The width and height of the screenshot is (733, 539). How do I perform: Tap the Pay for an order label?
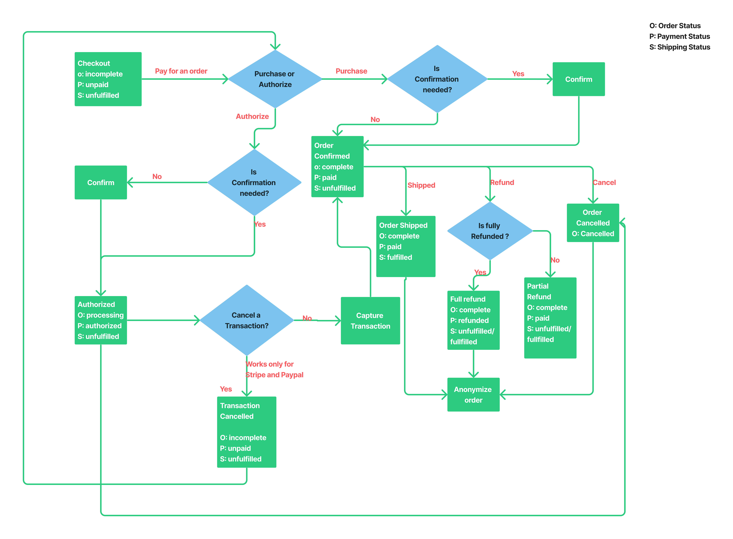coord(181,71)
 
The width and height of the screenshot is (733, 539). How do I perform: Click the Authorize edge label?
coord(252,116)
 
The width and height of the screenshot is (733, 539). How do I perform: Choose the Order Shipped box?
coord(405,246)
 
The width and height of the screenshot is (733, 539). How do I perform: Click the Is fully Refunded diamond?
coord(490,231)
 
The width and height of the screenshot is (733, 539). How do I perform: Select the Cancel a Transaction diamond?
coord(247,320)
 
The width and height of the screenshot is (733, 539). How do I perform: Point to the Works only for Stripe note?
coord(274,369)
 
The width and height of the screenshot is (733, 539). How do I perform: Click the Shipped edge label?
coord(421,185)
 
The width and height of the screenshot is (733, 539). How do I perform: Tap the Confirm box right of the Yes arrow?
coord(578,79)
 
